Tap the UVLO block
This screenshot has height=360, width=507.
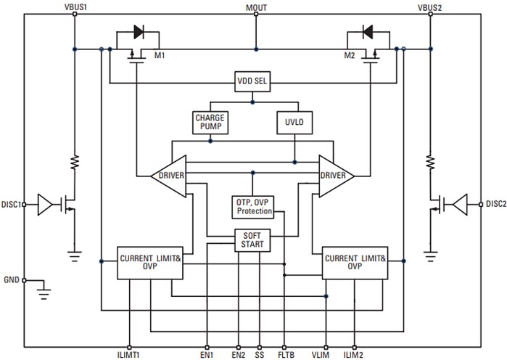pyautogui.click(x=294, y=123)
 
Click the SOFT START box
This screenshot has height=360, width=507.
pyautogui.click(x=252, y=240)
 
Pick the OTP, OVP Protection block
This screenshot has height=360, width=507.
pyautogui.click(x=253, y=206)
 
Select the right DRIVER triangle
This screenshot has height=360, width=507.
pyautogui.click(x=336, y=176)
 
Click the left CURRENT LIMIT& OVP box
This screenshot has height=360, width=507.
pyautogui.click(x=149, y=263)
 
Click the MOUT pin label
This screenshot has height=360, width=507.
pyautogui.click(x=255, y=7)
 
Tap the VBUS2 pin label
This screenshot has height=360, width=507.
pyautogui.click(x=429, y=7)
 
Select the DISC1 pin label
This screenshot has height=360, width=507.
pyautogui.click(x=11, y=204)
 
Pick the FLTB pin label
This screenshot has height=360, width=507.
pyautogui.click(x=284, y=354)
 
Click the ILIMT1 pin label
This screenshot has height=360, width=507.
pyautogui.click(x=129, y=354)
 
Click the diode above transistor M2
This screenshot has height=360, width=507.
pyautogui.click(x=367, y=32)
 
